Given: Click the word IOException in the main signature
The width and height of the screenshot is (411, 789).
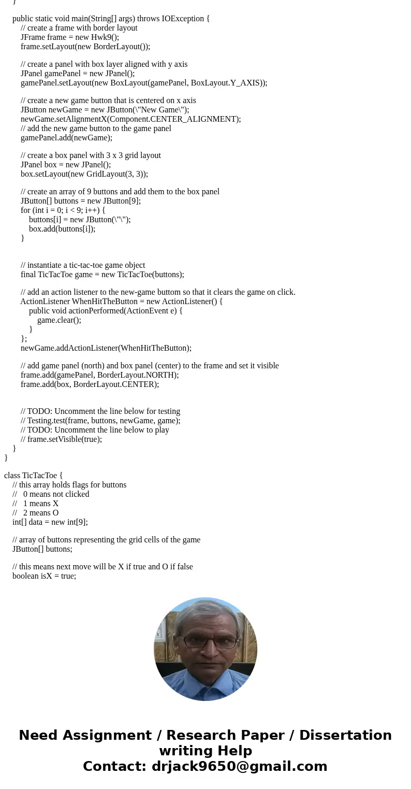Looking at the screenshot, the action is (183, 19).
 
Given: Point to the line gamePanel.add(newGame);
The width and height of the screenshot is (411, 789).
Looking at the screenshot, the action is (66, 138).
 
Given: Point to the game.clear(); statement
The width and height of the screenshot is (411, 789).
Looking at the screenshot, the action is (59, 320).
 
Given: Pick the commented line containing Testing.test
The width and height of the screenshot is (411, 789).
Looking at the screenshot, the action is (100, 421).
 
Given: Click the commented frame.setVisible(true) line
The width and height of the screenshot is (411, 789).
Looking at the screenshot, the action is (61, 439).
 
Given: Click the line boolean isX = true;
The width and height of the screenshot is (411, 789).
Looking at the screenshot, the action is (45, 576).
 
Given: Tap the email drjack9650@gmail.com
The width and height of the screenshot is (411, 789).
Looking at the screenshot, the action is (239, 766).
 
